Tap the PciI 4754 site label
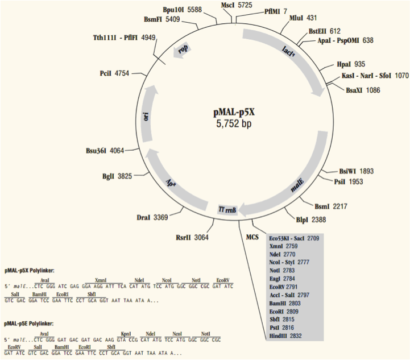[114, 73]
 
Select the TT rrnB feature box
[227, 210]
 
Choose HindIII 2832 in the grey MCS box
[288, 336]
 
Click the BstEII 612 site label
[324, 31]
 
